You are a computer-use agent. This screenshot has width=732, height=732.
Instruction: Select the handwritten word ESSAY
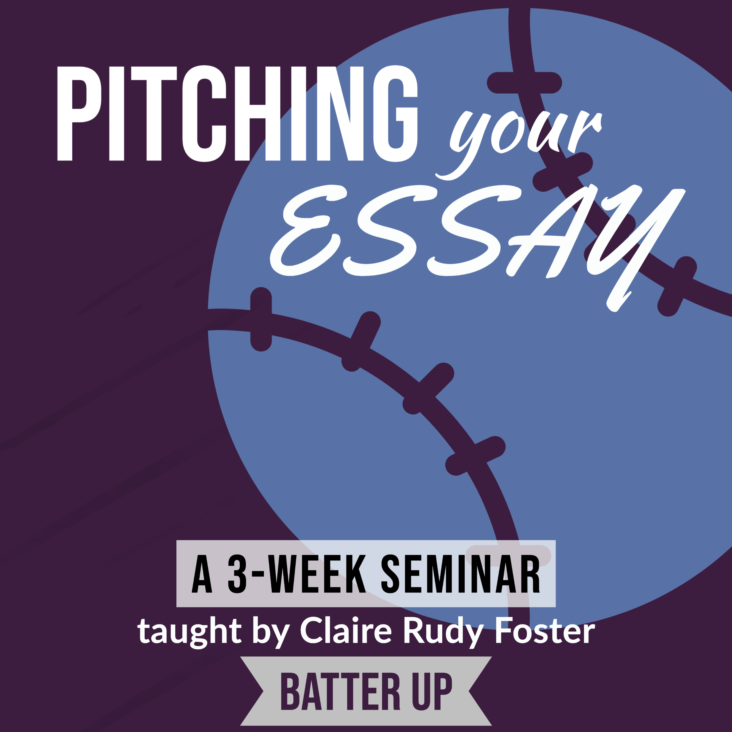(x=478, y=246)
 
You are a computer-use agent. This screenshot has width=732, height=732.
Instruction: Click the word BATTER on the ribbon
(x=340, y=691)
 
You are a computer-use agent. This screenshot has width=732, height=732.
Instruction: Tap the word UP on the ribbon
(x=433, y=691)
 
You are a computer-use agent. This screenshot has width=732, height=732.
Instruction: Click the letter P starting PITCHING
(x=79, y=114)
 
